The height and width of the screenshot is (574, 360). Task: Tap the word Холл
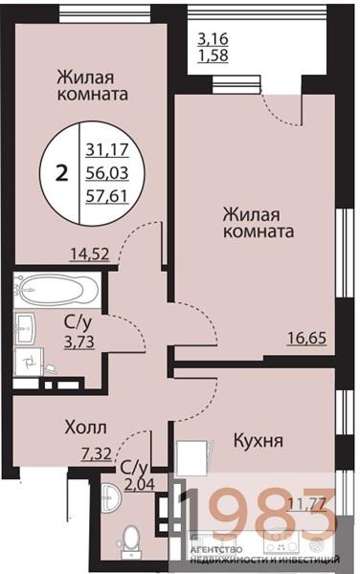[x=85, y=427]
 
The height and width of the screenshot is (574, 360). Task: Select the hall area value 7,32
[x=96, y=455]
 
